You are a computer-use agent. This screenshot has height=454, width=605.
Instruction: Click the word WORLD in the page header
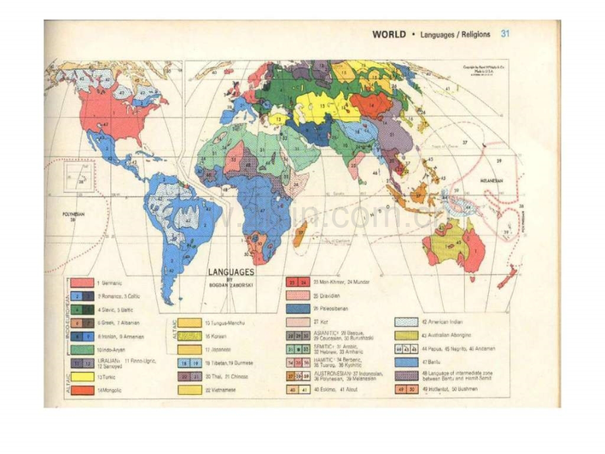[389, 34]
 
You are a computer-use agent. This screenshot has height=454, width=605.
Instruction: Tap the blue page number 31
[505, 34]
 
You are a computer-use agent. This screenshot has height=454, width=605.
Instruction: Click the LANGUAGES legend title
[231, 270]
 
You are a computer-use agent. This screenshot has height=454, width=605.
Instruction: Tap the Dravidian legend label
[326, 295]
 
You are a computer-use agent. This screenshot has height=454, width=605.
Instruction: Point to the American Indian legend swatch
[407, 322]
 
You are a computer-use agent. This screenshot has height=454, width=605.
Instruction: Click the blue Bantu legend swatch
[407, 362]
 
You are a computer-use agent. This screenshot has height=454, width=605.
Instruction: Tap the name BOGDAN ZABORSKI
[232, 278]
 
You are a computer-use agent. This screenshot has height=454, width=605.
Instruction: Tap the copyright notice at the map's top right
[486, 69]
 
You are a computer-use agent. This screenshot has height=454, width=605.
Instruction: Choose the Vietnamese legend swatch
[189, 390]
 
